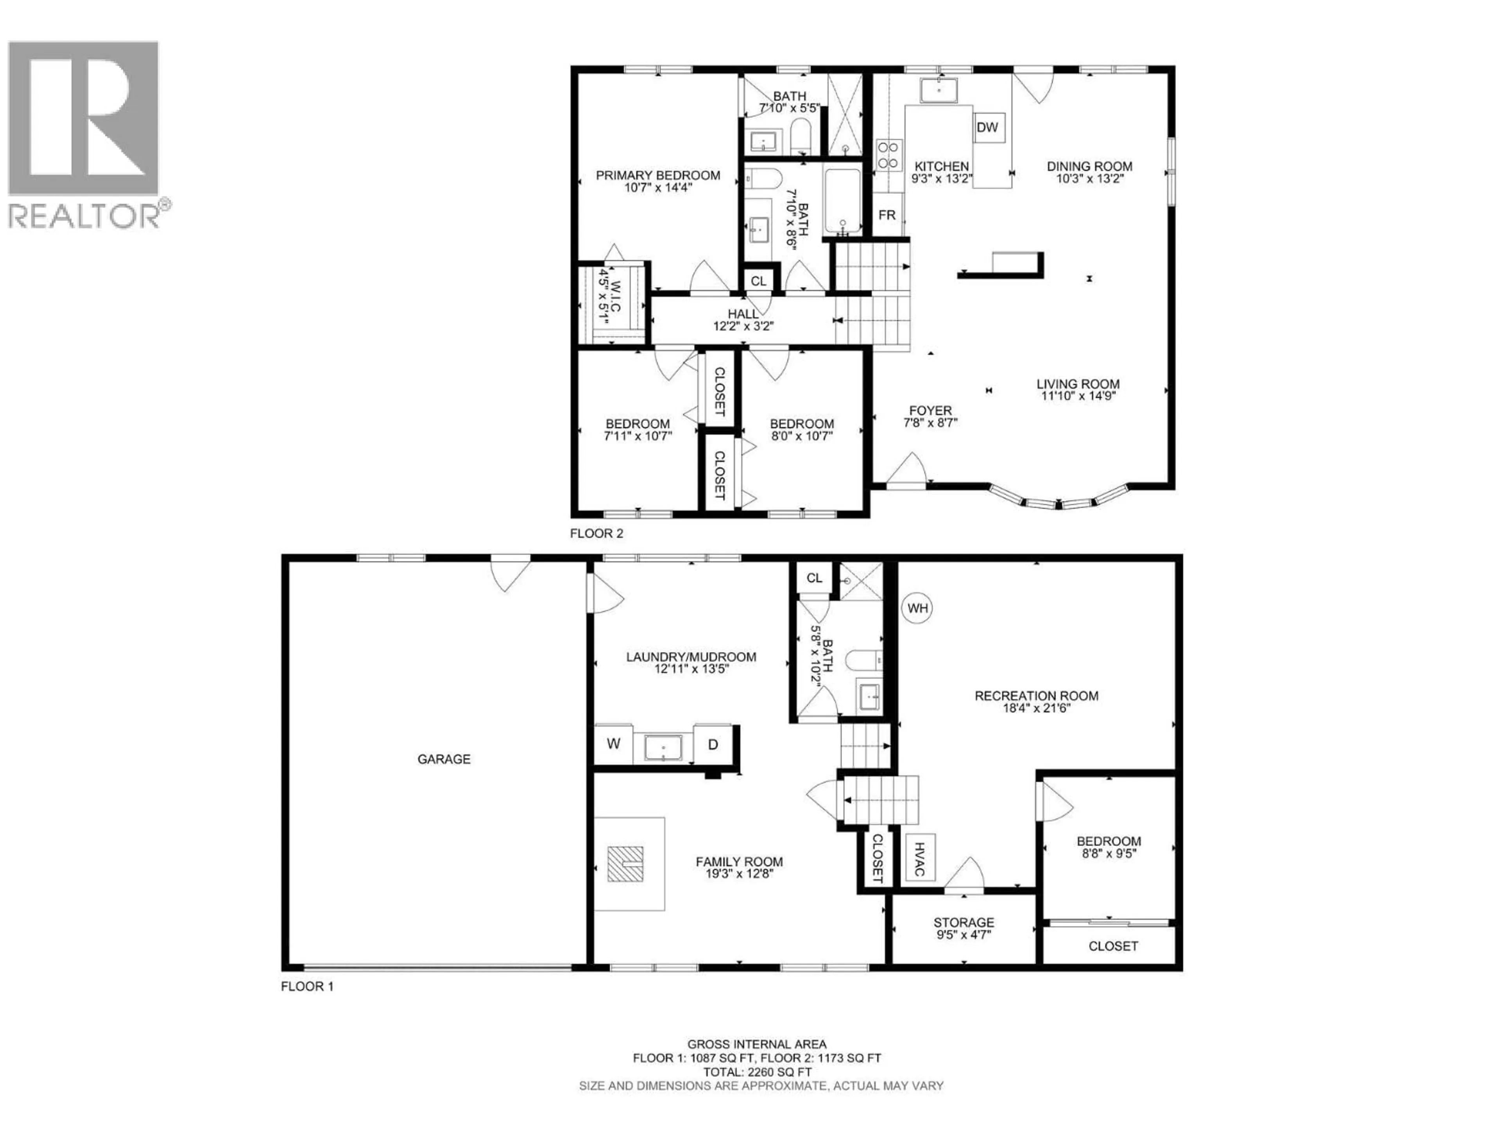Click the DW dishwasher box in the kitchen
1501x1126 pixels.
pos(987,127)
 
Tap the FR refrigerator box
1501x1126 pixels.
pos(887,215)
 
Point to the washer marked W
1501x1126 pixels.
pos(613,744)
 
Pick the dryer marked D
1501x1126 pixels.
pos(713,744)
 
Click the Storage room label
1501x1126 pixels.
pos(964,922)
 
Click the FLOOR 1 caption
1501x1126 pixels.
pos(307,986)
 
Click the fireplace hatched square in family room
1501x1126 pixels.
pos(625,864)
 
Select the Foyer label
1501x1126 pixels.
pos(930,411)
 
